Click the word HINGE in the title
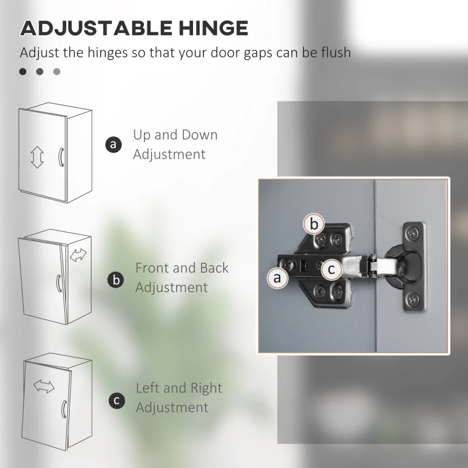(214, 28)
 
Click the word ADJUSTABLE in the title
(96, 28)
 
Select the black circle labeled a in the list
(113, 144)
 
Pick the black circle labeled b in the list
(116, 280)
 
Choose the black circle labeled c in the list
(116, 401)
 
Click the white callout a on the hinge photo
(277, 278)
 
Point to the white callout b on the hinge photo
(314, 224)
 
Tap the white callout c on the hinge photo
(331, 269)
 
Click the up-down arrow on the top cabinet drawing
(37, 157)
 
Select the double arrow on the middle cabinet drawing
(78, 255)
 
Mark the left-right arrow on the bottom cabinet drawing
(44, 386)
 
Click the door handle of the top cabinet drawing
(61, 157)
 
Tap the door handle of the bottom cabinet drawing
(64, 409)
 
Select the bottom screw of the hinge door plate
(413, 299)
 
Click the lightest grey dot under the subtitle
(57, 71)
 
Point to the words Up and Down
(175, 135)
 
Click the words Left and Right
(179, 388)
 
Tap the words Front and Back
(182, 268)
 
